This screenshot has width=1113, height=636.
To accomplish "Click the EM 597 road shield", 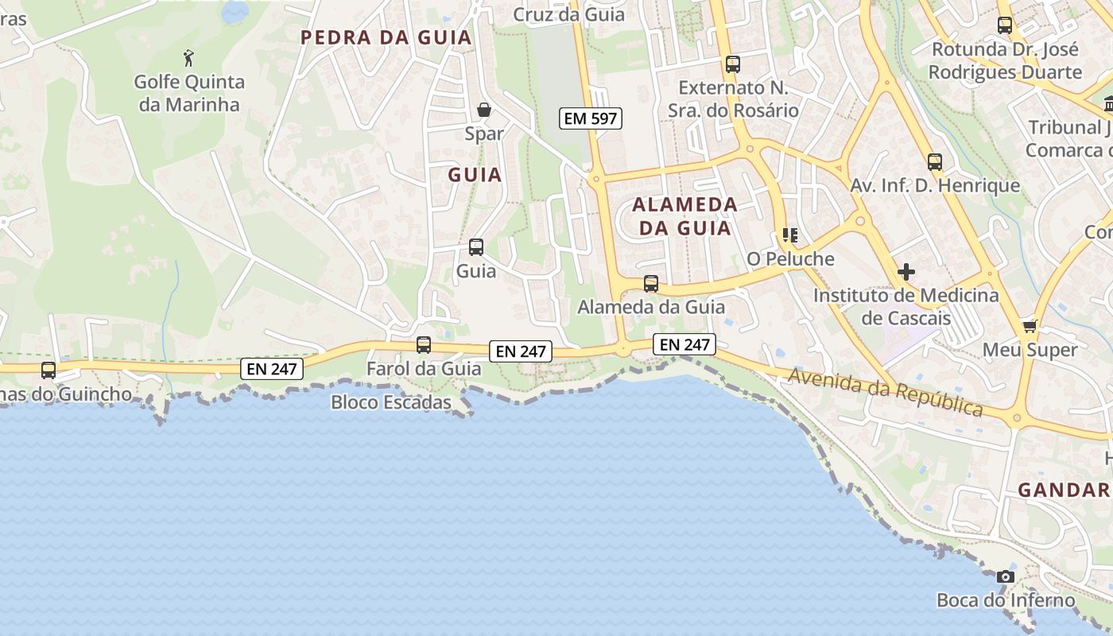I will (x=589, y=119).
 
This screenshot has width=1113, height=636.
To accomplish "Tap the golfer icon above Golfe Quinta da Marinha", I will (x=188, y=58).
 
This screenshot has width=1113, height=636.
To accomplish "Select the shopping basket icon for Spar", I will (x=483, y=110).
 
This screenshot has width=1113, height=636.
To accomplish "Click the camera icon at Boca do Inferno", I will (x=1006, y=576).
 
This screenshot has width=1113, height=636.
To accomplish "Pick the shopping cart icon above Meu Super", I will (x=1030, y=326).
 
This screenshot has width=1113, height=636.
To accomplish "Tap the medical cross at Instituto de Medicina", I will (x=906, y=272).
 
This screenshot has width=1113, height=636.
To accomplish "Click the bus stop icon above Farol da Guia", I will (x=424, y=345).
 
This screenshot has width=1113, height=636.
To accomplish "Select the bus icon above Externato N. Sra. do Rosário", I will (x=732, y=64).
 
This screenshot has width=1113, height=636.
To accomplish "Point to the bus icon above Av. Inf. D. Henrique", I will (x=934, y=162).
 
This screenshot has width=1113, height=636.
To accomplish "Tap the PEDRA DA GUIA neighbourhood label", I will (x=386, y=37).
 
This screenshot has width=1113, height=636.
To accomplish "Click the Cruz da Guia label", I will (x=568, y=14).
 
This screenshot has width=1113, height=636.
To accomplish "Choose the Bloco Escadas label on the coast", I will (x=391, y=402).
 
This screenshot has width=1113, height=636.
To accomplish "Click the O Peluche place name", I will (x=790, y=258).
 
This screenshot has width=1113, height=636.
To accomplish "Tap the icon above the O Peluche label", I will (x=789, y=235).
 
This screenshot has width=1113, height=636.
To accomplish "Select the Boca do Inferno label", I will (x=1005, y=600).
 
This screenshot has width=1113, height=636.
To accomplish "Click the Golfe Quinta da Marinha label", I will (x=188, y=93).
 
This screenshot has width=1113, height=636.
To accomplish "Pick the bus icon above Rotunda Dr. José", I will (x=1005, y=25).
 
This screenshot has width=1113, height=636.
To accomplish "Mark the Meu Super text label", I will (x=1030, y=350).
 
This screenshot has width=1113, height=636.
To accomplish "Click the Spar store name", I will (x=483, y=134).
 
